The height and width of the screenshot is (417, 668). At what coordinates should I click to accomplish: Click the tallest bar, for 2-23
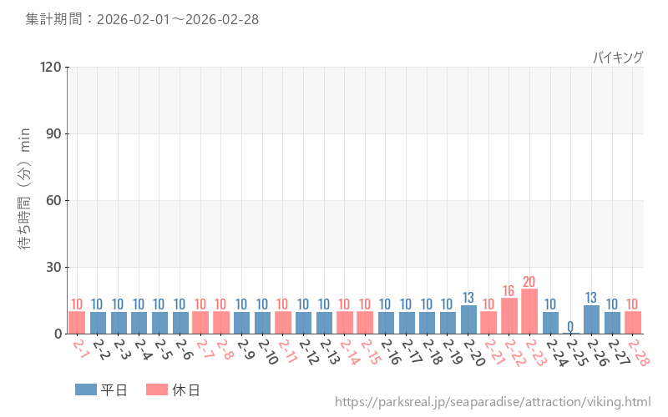[x=529, y=312]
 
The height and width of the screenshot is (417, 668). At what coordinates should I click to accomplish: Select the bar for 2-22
[x=509, y=316]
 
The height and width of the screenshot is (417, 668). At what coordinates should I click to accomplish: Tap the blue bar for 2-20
[x=468, y=319]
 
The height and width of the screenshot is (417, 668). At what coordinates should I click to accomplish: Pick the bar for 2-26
[x=591, y=319]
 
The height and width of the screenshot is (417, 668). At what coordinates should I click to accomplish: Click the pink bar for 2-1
[x=77, y=323]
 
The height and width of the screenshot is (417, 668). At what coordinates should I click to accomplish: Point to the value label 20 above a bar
[x=529, y=282]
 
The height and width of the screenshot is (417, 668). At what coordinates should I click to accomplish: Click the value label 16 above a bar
[x=509, y=291]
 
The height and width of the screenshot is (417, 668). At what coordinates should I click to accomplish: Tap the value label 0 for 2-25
[x=571, y=326]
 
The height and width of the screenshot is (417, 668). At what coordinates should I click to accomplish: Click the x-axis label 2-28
[x=638, y=352]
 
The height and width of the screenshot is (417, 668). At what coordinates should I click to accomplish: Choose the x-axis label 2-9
[x=244, y=349]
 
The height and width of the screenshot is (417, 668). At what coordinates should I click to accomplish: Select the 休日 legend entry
[x=173, y=389]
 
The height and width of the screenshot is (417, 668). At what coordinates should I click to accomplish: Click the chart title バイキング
[x=618, y=57]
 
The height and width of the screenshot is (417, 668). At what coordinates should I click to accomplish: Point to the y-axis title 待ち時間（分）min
[x=25, y=200]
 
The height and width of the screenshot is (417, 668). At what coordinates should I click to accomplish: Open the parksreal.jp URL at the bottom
[x=493, y=402]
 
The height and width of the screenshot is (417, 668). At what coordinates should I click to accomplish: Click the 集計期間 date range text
[x=142, y=19]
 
